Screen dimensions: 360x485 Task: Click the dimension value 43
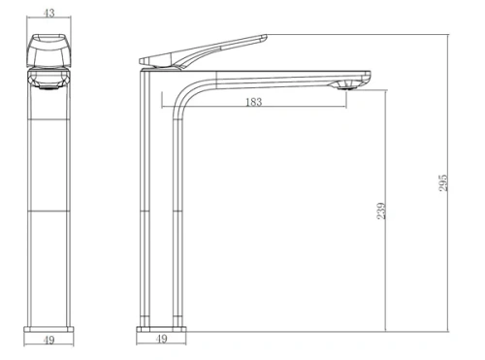click(48, 13)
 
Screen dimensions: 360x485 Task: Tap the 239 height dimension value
click(382, 210)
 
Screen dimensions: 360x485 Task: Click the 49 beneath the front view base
click(48, 340)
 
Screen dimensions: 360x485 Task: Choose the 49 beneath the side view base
click(161, 340)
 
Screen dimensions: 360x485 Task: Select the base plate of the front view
click(48, 323)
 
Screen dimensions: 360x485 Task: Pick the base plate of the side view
click(161, 323)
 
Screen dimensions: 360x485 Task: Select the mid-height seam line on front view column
click(48, 210)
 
